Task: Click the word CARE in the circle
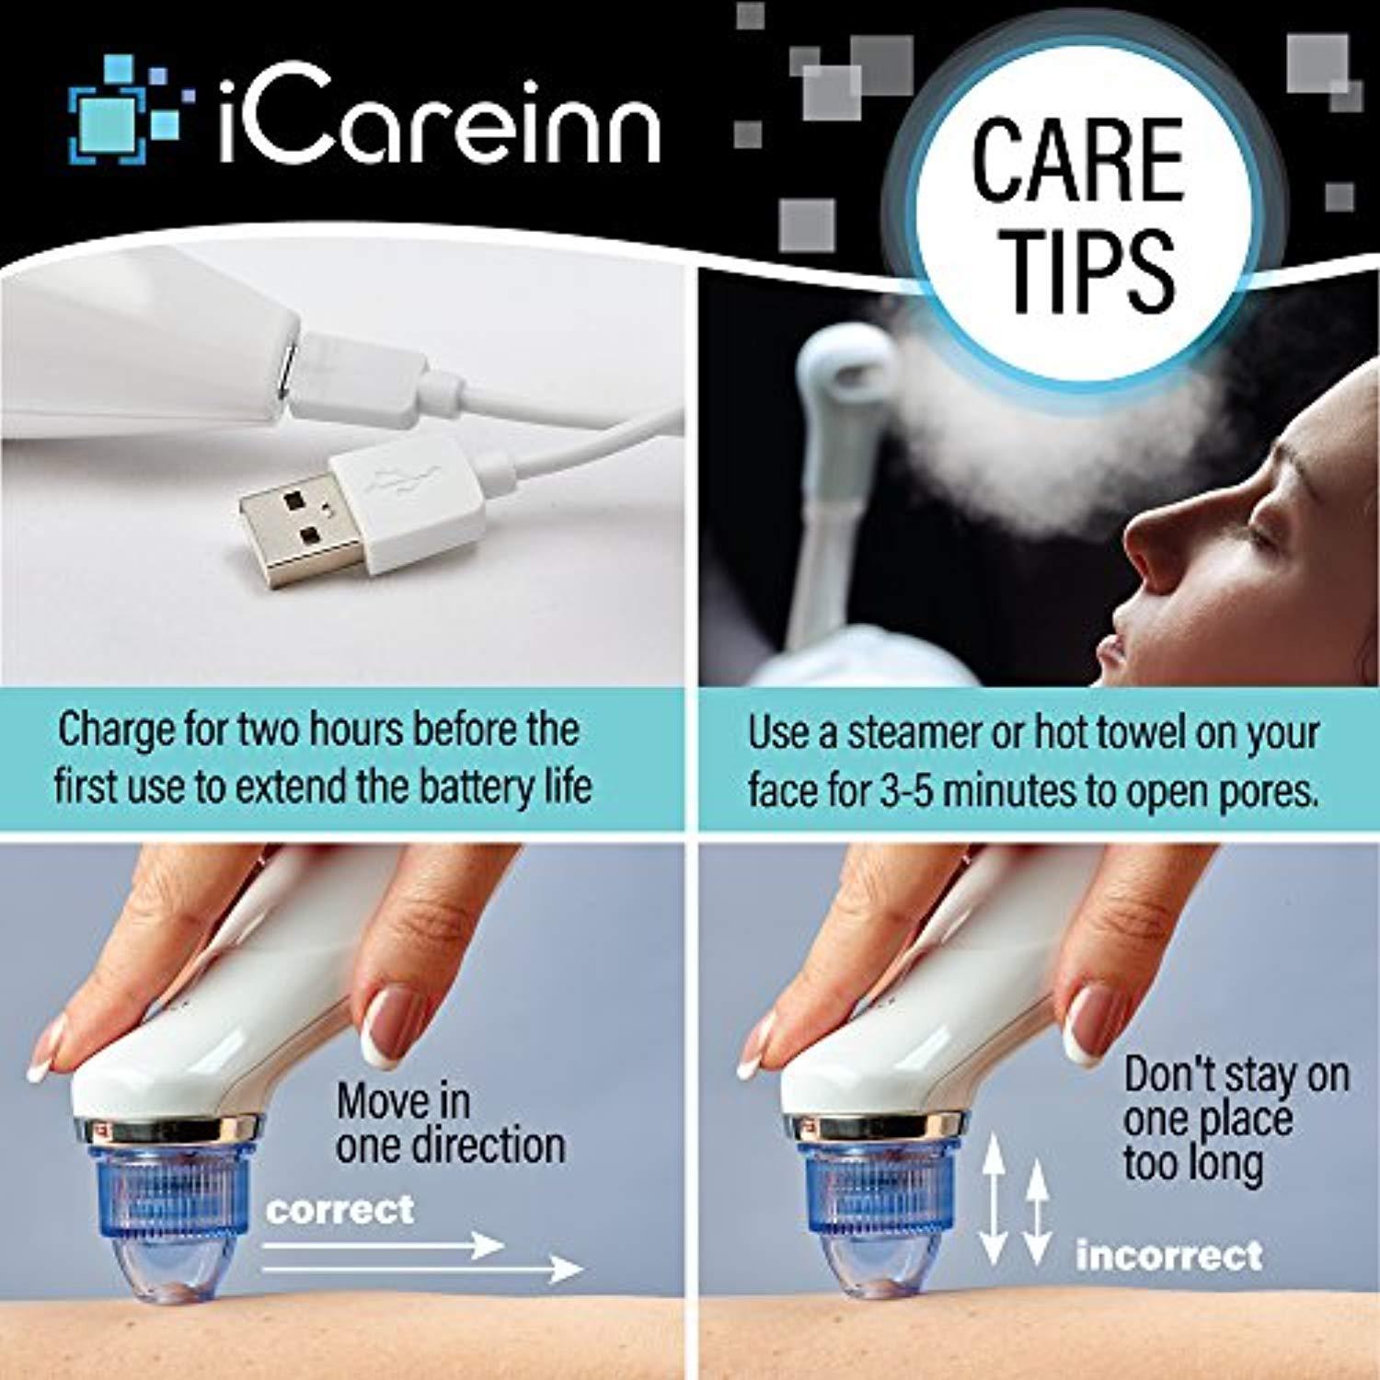tap(1077, 162)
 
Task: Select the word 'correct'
tap(339, 1210)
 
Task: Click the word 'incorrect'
tap(1169, 1255)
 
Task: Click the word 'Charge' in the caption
tap(118, 731)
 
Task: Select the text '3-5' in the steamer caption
tap(906, 790)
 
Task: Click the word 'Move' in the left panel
tap(403, 1101)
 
